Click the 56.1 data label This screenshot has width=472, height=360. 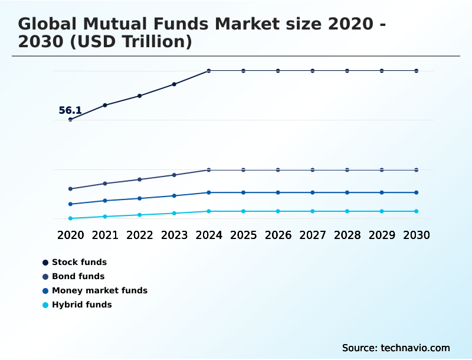(70, 110)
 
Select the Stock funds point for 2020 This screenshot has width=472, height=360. (70, 119)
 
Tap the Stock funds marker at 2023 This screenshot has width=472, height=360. (174, 84)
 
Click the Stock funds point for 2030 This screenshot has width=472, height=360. (417, 71)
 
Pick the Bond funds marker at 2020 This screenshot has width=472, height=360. (70, 189)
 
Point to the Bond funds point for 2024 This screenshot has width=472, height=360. (209, 170)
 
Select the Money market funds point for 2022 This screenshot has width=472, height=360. (140, 198)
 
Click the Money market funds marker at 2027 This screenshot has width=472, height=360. (313, 192)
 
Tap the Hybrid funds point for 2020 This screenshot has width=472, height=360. (70, 218)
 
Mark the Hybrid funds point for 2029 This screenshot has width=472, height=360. (382, 211)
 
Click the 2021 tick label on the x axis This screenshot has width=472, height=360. (105, 235)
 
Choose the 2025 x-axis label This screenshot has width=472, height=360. (243, 235)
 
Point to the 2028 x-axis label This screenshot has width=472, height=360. (347, 235)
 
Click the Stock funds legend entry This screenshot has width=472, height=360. (79, 262)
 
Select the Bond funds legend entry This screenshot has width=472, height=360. (78, 276)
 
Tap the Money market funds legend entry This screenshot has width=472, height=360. (99, 290)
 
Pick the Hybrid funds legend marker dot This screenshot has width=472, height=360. (45, 305)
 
